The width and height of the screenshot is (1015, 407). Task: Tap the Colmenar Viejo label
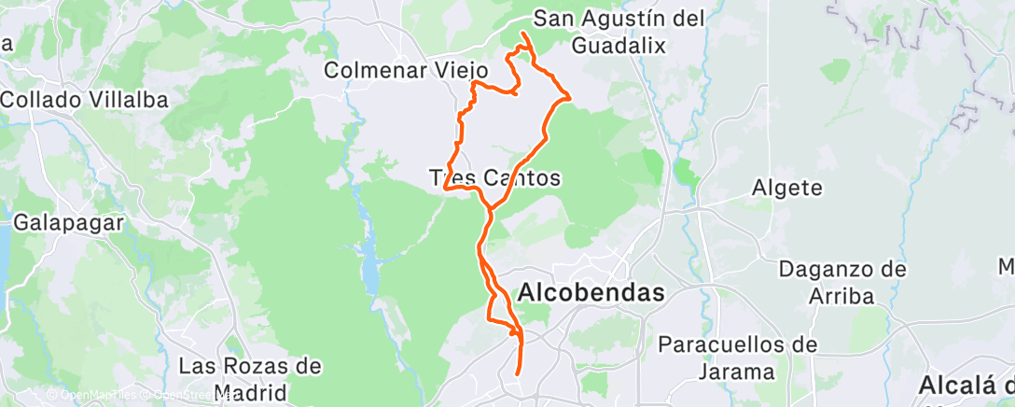(407, 70)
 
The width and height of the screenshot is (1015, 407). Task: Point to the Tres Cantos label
(494, 177)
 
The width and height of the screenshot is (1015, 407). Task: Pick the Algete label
(787, 188)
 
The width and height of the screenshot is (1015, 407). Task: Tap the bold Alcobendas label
(591, 292)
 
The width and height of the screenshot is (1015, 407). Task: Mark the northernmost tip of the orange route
(522, 34)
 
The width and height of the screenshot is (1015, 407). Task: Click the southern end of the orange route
(517, 375)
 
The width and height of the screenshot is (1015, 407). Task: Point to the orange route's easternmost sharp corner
(569, 96)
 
